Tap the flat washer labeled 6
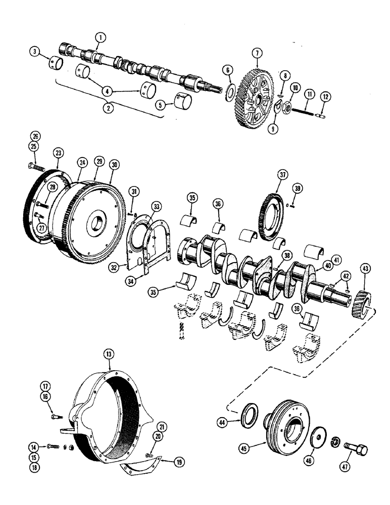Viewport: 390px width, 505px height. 229,91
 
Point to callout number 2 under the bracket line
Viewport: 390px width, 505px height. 106,107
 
